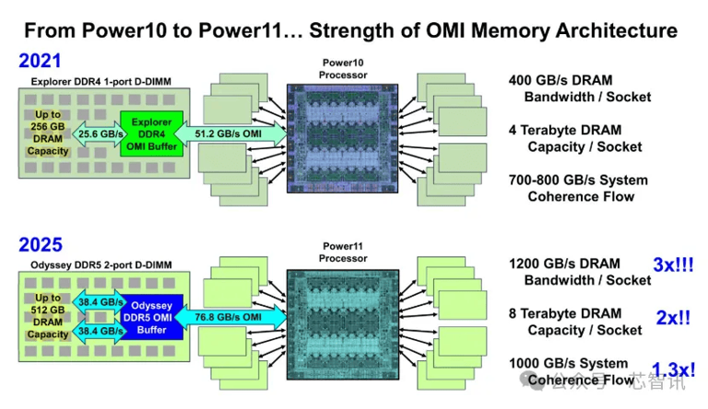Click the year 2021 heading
click(41, 62)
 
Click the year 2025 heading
click(41, 245)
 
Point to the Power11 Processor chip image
click(342, 323)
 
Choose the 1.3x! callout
click(673, 370)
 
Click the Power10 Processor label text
click(342, 68)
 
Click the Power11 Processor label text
click(342, 252)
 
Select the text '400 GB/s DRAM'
click(560, 80)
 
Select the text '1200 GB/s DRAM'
click(564, 264)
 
